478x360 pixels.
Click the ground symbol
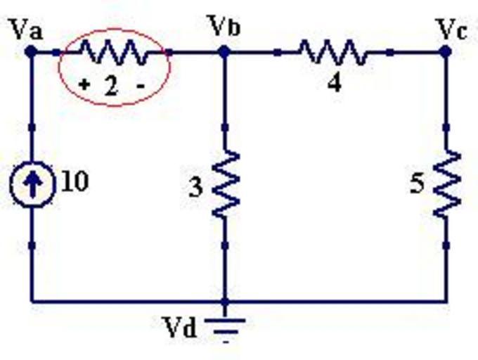coord(226,327)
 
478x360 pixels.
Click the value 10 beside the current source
coord(75,181)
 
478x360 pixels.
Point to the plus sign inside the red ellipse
coord(84,85)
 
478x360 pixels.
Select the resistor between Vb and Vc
coord(332,51)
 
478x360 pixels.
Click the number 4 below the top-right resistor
coord(335,82)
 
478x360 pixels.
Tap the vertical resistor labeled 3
coord(226,185)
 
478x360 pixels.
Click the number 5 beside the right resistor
coord(418,185)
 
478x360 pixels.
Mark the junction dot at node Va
coord(31,51)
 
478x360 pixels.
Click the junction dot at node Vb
coord(224,51)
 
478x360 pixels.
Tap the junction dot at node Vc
coord(445,51)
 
